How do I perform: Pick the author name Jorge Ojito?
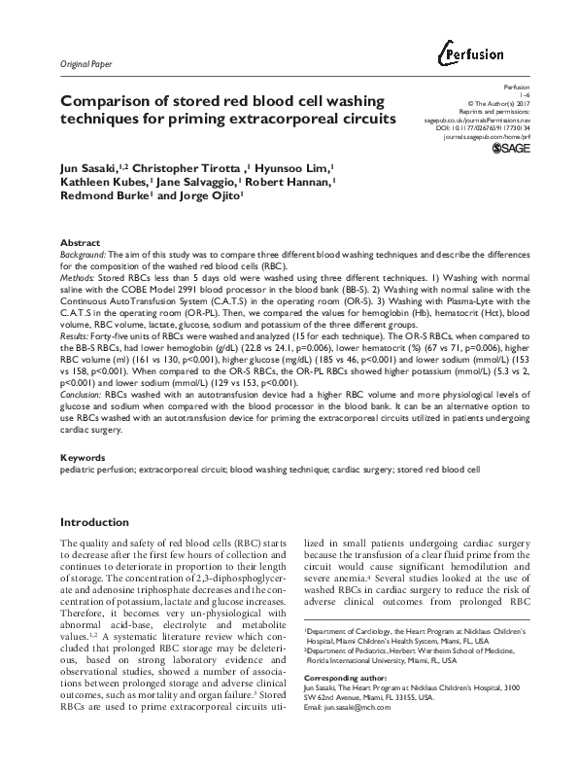(212, 195)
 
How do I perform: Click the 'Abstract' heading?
(80, 241)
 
